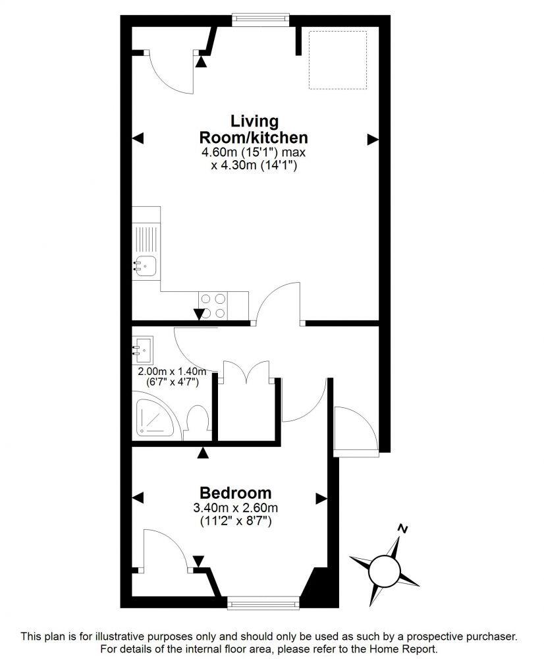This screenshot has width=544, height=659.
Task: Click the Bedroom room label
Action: point(236,493)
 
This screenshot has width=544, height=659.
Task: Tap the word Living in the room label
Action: point(254,122)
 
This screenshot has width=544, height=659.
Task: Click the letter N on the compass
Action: point(403,529)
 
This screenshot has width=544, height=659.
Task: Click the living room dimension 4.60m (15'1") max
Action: point(254,153)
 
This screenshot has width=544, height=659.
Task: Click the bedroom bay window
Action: point(262,602)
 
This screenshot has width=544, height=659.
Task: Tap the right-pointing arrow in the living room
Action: point(373,138)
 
